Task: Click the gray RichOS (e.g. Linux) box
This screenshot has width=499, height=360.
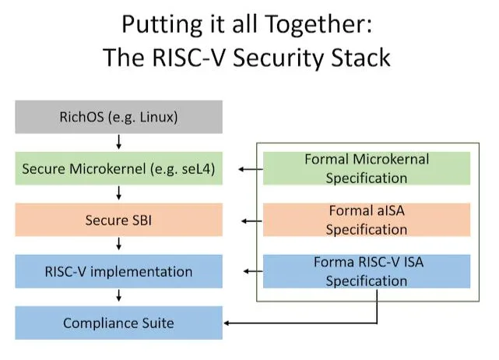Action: pyautogui.click(x=118, y=118)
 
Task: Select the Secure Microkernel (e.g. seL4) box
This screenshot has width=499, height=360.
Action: pyautogui.click(x=118, y=168)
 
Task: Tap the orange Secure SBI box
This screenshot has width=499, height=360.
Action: pyautogui.click(x=118, y=220)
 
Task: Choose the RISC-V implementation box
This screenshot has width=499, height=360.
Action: pyautogui.click(x=118, y=272)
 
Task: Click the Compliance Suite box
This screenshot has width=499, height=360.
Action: pyautogui.click(x=118, y=322)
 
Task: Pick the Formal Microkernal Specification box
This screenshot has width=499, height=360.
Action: pyautogui.click(x=367, y=168)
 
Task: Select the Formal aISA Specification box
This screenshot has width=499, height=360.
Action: pyautogui.click(x=367, y=220)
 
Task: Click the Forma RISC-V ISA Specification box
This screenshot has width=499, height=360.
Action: pyautogui.click(x=367, y=271)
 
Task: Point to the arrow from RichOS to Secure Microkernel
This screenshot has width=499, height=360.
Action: pyautogui.click(x=118, y=143)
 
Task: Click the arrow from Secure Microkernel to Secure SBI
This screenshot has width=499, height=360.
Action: pyautogui.click(x=118, y=194)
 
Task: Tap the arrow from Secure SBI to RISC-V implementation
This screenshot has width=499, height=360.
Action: pyautogui.click(x=118, y=245)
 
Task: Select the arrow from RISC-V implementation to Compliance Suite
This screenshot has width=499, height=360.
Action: pyautogui.click(x=118, y=297)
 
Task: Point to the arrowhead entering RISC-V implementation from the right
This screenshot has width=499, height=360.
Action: pyautogui.click(x=246, y=272)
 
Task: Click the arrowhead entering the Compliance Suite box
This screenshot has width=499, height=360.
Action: pyautogui.click(x=227, y=323)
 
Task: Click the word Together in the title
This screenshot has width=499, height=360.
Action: pyautogui.click(x=318, y=25)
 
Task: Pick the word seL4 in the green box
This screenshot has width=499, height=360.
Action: pyautogui.click(x=195, y=168)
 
